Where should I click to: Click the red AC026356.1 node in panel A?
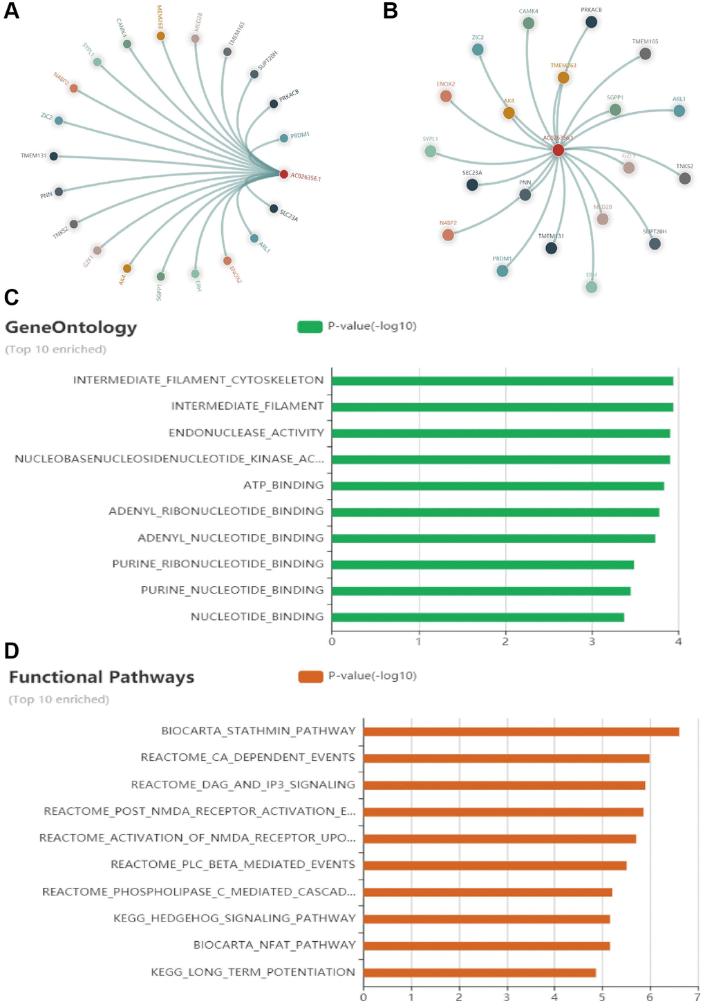(283, 174)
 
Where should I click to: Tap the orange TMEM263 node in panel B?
(563, 78)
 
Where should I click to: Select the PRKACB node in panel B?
(591, 22)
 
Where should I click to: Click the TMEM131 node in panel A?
(54, 156)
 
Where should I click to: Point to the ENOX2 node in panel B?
(446, 96)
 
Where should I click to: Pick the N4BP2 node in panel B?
(448, 235)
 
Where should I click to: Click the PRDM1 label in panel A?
(300, 135)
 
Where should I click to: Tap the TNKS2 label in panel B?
(684, 167)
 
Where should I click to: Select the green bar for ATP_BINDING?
(498, 486)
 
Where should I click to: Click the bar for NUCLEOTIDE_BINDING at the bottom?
(478, 617)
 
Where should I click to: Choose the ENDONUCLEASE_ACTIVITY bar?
(500, 433)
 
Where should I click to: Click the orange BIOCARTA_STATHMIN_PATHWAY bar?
(521, 732)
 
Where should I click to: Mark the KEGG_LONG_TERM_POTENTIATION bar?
(479, 973)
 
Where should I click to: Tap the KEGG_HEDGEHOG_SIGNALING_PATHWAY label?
(234, 918)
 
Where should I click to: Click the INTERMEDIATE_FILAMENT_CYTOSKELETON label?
(198, 380)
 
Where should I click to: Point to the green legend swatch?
(310, 327)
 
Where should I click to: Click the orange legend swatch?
(310, 676)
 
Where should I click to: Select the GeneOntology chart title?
(71, 328)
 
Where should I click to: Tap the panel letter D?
(11, 651)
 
